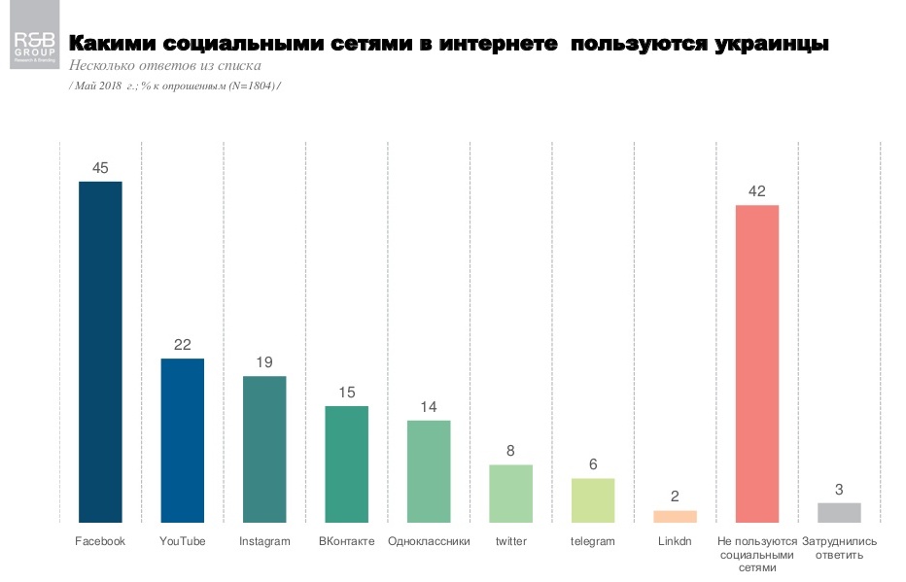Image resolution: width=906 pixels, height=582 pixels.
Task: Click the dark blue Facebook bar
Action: [100, 352]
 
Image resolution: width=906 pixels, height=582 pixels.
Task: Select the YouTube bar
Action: [182, 440]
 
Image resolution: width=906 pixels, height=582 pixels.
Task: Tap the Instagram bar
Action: [264, 449]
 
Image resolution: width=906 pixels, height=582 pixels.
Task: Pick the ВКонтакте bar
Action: [346, 463]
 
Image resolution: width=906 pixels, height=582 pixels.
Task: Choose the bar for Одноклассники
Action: [429, 471]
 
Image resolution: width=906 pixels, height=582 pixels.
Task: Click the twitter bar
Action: [510, 494]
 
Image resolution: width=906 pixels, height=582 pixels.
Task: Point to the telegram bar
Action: [592, 500]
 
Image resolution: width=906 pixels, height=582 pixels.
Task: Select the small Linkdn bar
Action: [675, 516]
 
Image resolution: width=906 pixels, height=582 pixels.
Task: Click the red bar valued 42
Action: [757, 363]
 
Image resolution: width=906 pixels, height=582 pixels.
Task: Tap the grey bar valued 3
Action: [839, 512]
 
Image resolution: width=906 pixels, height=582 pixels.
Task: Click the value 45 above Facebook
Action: [100, 168]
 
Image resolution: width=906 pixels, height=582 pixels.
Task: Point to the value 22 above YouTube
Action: [182, 345]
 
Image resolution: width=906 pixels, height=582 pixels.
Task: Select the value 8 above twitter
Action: [510, 451]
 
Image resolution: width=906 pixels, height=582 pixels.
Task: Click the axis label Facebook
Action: [100, 541]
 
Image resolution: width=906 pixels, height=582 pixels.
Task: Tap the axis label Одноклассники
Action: [429, 541]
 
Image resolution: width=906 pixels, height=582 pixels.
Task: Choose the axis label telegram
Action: [592, 541]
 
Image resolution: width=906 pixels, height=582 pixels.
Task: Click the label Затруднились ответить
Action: [839, 547]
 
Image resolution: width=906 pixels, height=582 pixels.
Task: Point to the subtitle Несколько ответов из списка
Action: [164, 66]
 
